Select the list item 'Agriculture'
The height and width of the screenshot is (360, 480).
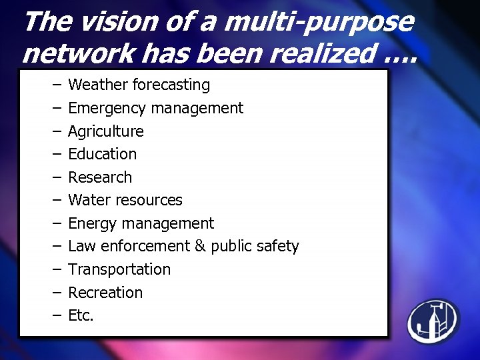tap(106, 131)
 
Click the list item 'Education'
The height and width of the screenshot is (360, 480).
tap(102, 154)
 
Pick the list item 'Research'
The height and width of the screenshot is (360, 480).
tap(100, 177)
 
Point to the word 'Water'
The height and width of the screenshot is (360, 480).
tap(89, 200)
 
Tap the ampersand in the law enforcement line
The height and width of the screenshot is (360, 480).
tap(200, 246)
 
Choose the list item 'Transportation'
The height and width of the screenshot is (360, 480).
tap(119, 269)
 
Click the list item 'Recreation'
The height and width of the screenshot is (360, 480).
tap(105, 293)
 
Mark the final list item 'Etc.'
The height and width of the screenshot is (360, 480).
tap(81, 315)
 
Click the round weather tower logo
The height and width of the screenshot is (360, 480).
tap(433, 319)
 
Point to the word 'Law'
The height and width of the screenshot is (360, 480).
tap(81, 246)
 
